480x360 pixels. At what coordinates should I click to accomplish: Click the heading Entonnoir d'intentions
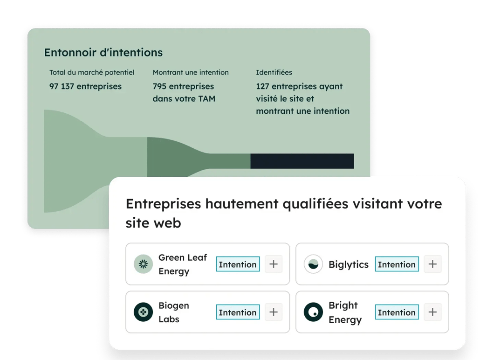coord(103,53)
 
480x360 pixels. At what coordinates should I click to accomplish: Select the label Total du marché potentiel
coord(92,72)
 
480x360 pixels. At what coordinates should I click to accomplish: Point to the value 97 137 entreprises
coord(85,86)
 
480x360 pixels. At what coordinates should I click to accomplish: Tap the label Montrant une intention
coord(191,72)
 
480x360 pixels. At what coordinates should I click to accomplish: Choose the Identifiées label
coord(274,72)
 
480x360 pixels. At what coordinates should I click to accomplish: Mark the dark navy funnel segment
coord(302,161)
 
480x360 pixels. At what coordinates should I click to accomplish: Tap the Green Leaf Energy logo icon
coord(143,264)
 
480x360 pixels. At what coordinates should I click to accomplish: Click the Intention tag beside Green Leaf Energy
coord(238,264)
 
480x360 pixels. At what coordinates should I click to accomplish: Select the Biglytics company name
coord(348,264)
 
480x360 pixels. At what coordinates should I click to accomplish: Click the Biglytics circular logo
coord(313,264)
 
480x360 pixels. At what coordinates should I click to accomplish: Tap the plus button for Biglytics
coord(432,264)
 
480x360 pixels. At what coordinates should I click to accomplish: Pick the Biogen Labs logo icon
coord(143,312)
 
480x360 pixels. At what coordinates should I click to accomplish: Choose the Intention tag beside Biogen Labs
coord(238,312)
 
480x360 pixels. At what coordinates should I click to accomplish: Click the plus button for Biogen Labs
coord(274,312)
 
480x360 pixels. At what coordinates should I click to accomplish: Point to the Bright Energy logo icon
coord(313,312)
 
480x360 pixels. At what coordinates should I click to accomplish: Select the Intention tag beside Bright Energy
coord(397,312)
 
